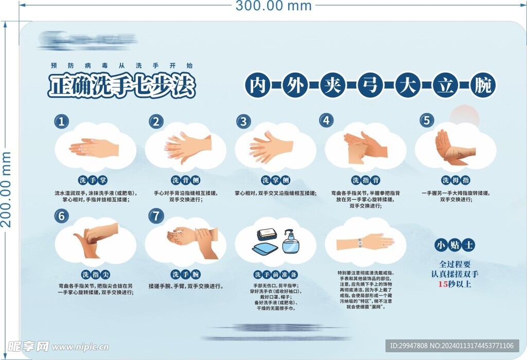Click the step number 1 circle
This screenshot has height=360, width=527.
click(62, 122)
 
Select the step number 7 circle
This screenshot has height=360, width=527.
click(155, 216)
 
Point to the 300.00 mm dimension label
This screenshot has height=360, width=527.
click(273, 6)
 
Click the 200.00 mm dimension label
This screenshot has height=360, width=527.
click(7, 189)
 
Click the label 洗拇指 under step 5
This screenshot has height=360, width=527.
click(455, 180)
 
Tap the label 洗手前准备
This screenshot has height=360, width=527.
click(275, 275)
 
